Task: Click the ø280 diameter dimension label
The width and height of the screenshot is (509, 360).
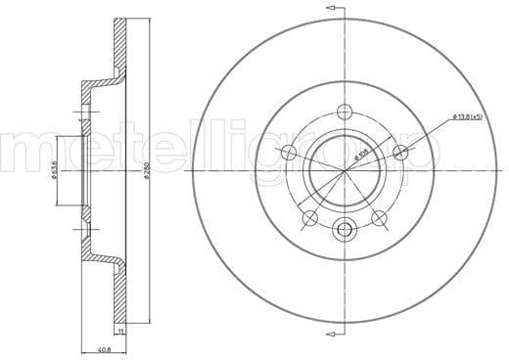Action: pyautogui.click(x=145, y=176)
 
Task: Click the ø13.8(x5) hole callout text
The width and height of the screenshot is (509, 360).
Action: pyautogui.click(x=468, y=118)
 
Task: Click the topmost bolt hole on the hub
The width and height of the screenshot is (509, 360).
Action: pyautogui.click(x=344, y=111)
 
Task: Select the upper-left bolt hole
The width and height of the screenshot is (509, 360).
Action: pyautogui.click(x=288, y=152)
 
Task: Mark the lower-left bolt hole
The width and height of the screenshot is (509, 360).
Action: pyautogui.click(x=309, y=217)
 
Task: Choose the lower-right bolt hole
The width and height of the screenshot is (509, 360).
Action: pyautogui.click(x=379, y=217)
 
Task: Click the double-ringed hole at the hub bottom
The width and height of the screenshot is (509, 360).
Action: pyautogui.click(x=344, y=231)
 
